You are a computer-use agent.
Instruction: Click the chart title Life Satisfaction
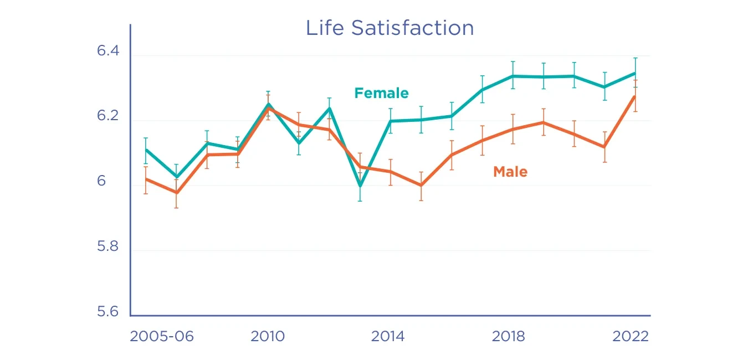[390, 28]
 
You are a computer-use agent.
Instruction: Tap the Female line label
[381, 93]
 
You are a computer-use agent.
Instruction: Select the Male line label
[510, 172]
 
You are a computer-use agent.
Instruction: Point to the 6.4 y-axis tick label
[108, 51]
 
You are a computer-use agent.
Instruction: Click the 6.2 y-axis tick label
[108, 116]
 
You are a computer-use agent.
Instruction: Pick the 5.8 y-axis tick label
[108, 246]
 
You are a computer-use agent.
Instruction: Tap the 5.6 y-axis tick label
[108, 312]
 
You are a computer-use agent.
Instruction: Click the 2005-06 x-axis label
[162, 336]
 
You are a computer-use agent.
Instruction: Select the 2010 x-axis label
[268, 336]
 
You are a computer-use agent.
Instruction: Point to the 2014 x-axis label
[388, 336]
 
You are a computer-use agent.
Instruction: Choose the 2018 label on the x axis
[508, 336]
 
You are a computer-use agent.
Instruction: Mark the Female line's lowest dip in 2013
[360, 186]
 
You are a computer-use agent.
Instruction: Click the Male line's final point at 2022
[635, 96]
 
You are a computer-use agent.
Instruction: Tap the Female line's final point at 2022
[635, 73]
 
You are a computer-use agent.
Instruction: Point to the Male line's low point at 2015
[421, 186]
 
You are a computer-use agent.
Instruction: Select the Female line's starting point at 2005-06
[146, 150]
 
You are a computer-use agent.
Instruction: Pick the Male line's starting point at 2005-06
[146, 179]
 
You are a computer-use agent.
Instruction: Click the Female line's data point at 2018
[513, 76]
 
